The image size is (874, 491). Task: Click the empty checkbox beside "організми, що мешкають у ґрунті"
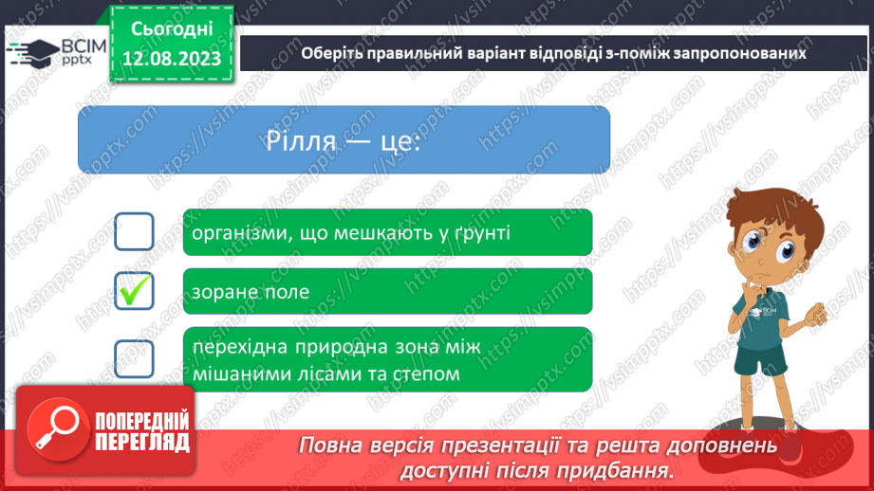pos(135,231)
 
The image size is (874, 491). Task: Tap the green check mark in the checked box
pos(135,290)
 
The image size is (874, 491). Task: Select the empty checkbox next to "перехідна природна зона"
pos(135,358)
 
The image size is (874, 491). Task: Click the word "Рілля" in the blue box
pos(302,141)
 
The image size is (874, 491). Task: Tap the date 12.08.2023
pos(172,59)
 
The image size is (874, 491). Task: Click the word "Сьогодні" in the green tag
pos(172,29)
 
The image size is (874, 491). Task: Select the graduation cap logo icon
pos(33,53)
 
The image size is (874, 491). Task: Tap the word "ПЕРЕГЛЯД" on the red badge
pos(142,443)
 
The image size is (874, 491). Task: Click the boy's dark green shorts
pos(760,359)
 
